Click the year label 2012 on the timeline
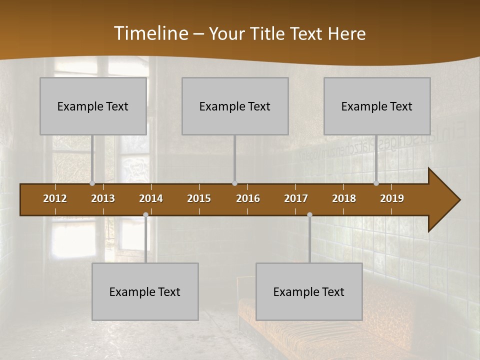coord(55,198)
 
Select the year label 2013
coord(103,198)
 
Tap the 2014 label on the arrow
coord(151,198)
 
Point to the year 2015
coord(199,198)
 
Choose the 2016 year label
coord(248,198)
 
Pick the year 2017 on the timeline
coord(296,198)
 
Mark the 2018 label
coord(344,198)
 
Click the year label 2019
coord(392,198)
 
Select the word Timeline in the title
coord(150,33)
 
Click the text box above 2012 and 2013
coord(93,106)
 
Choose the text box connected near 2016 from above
coord(235,106)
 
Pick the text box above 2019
coord(377,106)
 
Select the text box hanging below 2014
coord(145,291)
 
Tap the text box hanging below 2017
coord(309,291)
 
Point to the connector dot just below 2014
coord(145,215)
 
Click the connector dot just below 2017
coord(309,215)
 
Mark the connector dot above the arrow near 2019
coord(376,183)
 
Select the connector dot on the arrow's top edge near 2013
coord(92,183)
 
